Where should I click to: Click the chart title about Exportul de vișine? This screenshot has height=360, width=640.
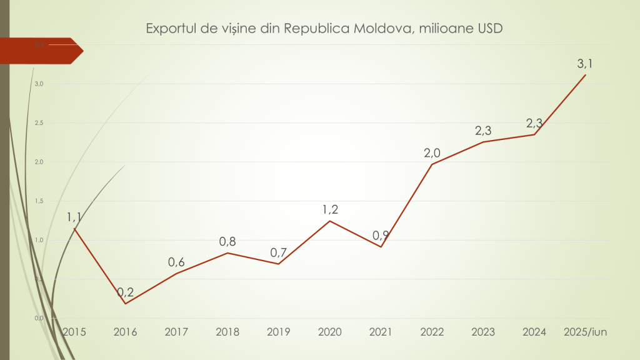point(324,29)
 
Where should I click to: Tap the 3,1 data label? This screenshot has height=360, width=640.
point(585,63)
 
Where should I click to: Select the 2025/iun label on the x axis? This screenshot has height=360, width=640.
point(585,332)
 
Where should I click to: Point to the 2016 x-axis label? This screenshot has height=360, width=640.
point(126,332)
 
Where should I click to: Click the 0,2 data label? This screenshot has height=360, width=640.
point(126,292)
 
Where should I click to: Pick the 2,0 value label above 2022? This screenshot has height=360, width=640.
point(432,152)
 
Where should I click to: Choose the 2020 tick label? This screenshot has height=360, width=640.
point(329,332)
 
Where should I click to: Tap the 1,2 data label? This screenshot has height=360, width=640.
point(329,209)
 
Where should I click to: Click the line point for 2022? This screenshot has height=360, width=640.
point(432,164)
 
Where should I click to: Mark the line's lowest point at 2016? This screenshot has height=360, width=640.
point(126,304)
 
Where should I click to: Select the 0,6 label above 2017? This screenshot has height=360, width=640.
point(177,262)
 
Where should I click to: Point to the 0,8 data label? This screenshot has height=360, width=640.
point(227,241)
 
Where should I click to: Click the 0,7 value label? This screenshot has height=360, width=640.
point(279,252)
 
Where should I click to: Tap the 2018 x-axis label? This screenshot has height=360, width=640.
point(227,332)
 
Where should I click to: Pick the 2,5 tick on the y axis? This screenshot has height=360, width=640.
point(38,122)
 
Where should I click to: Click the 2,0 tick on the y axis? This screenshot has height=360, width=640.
point(38,162)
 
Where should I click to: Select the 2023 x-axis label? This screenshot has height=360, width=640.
point(483,332)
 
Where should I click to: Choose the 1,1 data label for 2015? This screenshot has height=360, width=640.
point(75,217)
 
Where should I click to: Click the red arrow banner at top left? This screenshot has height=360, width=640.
point(41,51)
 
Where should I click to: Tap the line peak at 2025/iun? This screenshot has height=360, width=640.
point(585,75)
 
